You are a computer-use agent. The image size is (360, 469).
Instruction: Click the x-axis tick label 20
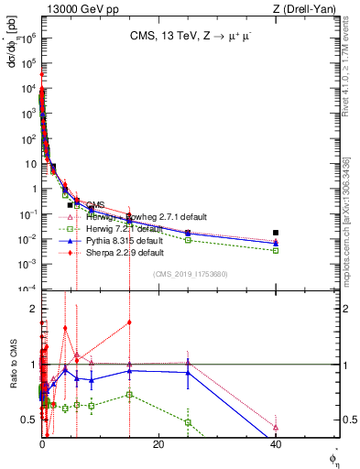tap(158, 445)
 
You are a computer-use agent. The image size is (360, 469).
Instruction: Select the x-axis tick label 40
tap(276, 445)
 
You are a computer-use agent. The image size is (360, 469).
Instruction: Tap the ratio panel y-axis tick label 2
tap(32, 309)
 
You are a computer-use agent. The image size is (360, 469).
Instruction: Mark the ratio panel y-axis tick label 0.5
tap(29, 420)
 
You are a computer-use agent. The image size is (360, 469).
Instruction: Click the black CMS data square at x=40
tap(276, 233)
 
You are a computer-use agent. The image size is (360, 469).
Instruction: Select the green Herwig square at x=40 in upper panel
tap(276, 250)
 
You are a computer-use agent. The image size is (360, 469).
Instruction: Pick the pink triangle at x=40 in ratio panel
tap(276, 427)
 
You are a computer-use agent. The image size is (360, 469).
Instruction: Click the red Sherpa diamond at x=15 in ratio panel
tap(129, 322)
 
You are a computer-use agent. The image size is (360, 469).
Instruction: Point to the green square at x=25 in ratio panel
tap(188, 422)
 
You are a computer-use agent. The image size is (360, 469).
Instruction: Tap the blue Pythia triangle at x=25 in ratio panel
tap(188, 373)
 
